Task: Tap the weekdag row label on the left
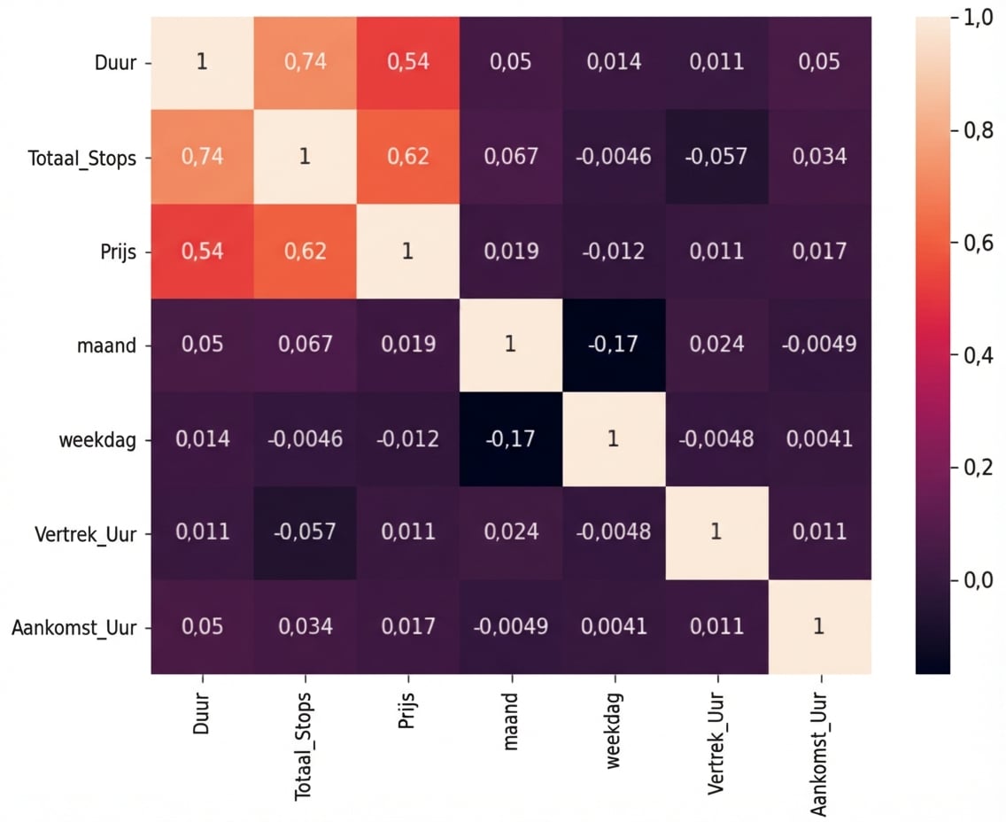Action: click(104, 439)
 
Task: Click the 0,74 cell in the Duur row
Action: click(305, 63)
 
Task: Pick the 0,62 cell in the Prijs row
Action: click(305, 251)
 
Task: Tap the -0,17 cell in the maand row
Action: click(613, 345)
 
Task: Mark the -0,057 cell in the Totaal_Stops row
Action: click(716, 157)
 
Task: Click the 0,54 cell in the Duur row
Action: click(407, 63)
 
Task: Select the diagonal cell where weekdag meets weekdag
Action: click(613, 439)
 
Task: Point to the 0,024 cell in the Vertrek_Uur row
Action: click(510, 531)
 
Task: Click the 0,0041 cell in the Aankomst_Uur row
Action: click(613, 626)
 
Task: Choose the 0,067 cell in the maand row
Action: click(305, 345)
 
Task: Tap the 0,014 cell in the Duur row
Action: click(613, 63)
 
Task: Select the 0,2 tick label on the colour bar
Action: click(979, 468)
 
